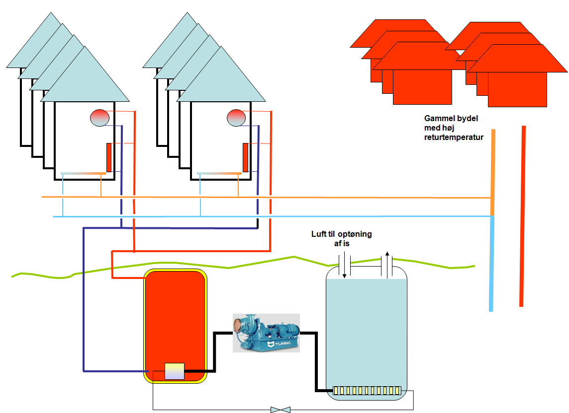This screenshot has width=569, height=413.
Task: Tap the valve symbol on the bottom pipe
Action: tap(281, 410)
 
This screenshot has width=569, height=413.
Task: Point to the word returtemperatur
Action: tap(454, 138)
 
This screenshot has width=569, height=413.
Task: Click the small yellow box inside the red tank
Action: tap(174, 371)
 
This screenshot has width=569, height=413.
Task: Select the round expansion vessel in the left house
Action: tap(99, 118)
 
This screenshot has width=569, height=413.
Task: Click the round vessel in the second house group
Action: tap(236, 118)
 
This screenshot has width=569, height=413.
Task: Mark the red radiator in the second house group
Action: tap(246, 157)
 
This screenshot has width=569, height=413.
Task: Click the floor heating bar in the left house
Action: tap(84, 173)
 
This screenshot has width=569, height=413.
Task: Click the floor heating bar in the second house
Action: tap(220, 173)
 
